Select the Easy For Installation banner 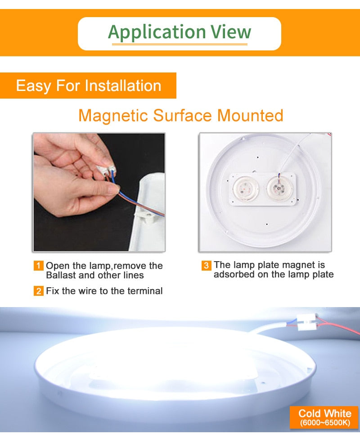(x=88, y=86)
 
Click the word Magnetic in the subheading (x=113, y=115)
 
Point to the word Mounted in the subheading (x=250, y=115)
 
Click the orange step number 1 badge (x=39, y=266)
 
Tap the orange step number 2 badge (x=39, y=291)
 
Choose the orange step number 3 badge (x=206, y=265)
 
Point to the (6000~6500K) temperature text (x=324, y=423)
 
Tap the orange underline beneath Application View (x=180, y=44)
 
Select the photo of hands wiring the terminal (x=99, y=192)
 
